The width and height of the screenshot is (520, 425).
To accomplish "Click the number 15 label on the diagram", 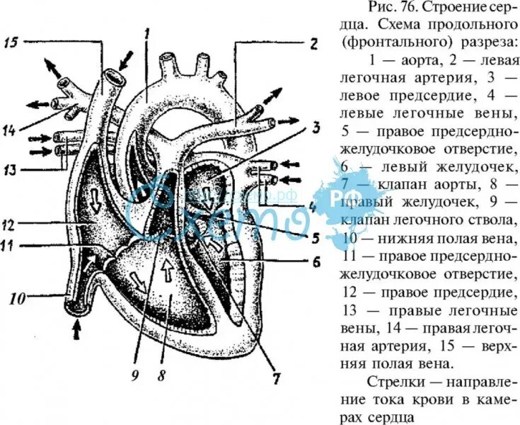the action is pyautogui.click(x=11, y=42).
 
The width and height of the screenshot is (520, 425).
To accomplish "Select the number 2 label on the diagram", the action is pyautogui.click(x=312, y=41).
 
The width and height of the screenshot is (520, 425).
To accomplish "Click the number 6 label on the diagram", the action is pyautogui.click(x=316, y=260).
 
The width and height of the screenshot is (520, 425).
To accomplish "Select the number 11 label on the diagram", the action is pyautogui.click(x=8, y=246).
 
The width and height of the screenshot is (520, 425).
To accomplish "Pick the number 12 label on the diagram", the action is pyautogui.click(x=9, y=226).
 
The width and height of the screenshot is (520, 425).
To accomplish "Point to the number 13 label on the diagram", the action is pyautogui.click(x=10, y=170).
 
